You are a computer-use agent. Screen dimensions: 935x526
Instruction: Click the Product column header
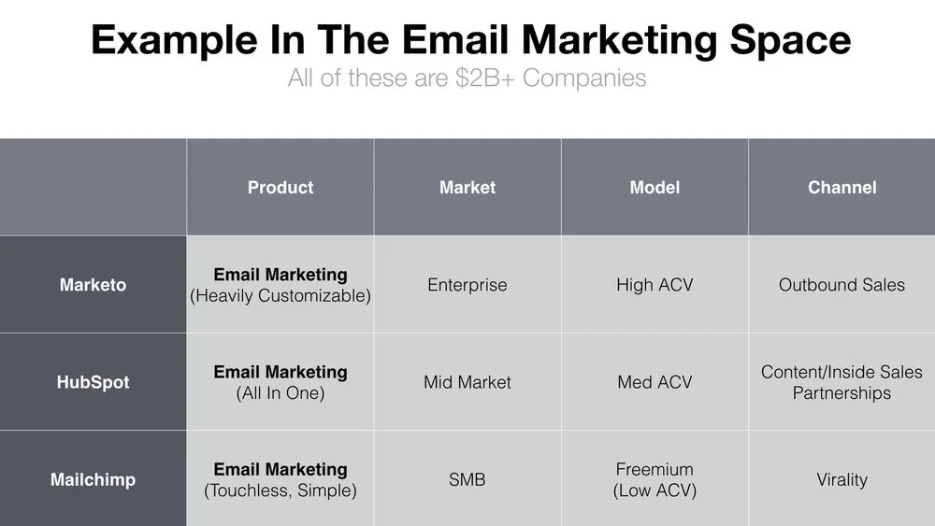[x=280, y=188]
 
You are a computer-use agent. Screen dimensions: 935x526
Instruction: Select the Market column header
[x=467, y=188]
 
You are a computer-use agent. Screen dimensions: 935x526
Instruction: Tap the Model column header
[x=654, y=188]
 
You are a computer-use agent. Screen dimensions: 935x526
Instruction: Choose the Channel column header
[x=842, y=188]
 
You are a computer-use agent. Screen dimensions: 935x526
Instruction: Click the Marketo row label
[x=93, y=285]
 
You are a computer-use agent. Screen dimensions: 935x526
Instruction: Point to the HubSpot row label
[x=93, y=382]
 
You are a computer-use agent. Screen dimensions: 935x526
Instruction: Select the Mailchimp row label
[x=93, y=479]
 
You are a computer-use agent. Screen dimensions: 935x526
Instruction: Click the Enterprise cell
[x=467, y=285]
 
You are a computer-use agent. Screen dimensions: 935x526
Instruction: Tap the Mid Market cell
[x=467, y=382]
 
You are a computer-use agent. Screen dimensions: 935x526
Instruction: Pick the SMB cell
[x=467, y=479]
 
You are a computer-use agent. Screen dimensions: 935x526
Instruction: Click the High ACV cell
[x=654, y=285]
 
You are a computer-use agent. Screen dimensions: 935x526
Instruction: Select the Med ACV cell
[x=654, y=382]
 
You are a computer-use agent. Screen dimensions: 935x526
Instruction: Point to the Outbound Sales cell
[x=842, y=285]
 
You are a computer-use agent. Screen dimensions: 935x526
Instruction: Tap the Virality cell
[x=842, y=479]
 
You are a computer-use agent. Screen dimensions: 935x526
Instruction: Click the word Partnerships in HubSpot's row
[x=842, y=393]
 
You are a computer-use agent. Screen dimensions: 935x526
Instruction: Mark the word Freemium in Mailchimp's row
[x=654, y=469]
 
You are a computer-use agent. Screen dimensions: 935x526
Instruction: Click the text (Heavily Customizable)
[x=280, y=296]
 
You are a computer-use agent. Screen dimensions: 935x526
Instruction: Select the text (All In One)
[x=280, y=393]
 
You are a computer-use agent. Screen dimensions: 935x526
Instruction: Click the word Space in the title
[x=791, y=40]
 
